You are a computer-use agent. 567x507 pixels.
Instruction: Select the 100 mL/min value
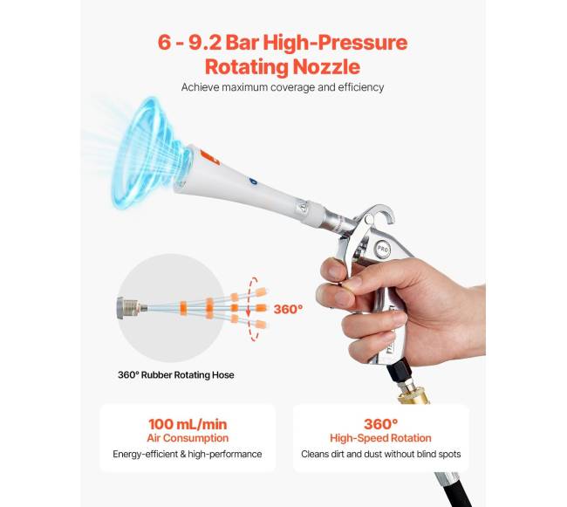pyautogui.click(x=188, y=424)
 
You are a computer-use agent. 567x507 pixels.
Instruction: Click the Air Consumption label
pyautogui.click(x=188, y=438)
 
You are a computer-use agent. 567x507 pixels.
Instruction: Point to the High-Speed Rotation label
pyautogui.click(x=380, y=438)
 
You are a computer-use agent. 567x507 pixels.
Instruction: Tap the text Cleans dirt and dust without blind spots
pyautogui.click(x=381, y=454)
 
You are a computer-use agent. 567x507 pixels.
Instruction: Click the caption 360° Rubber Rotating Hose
pyautogui.click(x=175, y=375)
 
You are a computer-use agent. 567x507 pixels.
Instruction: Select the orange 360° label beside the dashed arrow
pyautogui.click(x=288, y=309)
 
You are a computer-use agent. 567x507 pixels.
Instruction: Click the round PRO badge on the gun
pyautogui.click(x=382, y=250)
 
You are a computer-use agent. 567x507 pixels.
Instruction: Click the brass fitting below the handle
pyautogui.click(x=413, y=395)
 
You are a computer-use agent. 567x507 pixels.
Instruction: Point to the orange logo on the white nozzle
pyautogui.click(x=209, y=158)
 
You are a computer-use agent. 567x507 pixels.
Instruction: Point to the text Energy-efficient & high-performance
pyautogui.click(x=188, y=454)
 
